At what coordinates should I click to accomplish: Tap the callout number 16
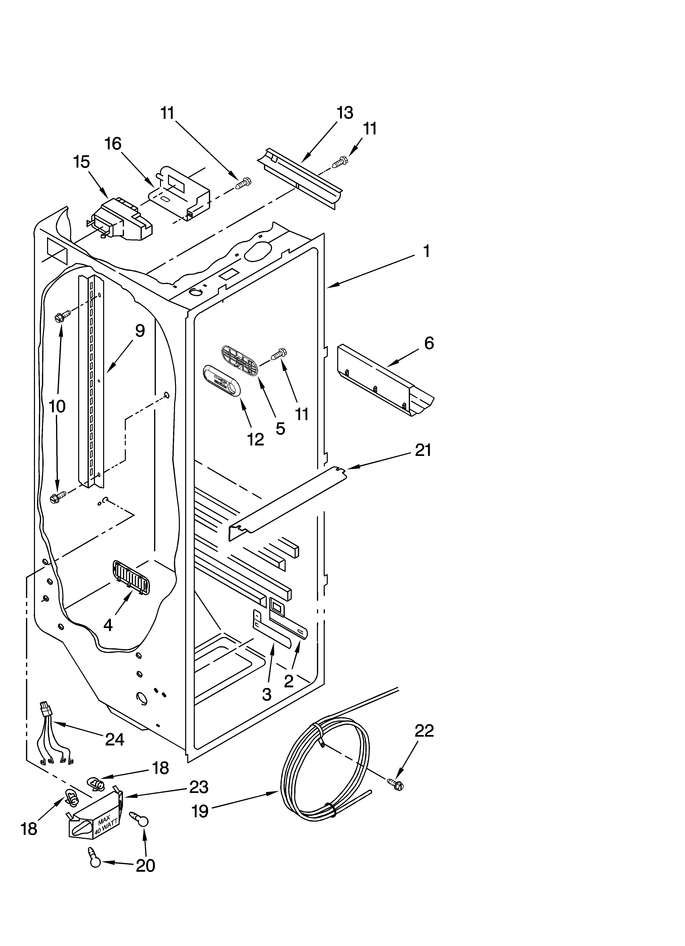pyautogui.click(x=113, y=144)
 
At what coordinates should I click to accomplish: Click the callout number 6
pyautogui.click(x=429, y=343)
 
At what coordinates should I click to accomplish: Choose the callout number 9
pyautogui.click(x=140, y=331)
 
